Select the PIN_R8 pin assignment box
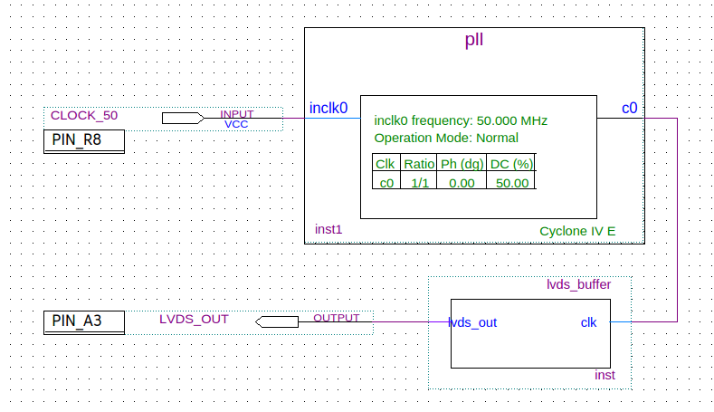(84, 141)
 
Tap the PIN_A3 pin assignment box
(84, 321)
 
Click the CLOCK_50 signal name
(84, 116)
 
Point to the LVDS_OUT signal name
(194, 319)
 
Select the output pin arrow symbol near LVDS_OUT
(277, 321)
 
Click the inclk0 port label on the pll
(328, 109)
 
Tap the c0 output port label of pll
(629, 109)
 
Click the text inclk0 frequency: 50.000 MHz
(461, 120)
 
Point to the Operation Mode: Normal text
(446, 139)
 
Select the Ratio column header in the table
(419, 164)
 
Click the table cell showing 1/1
(419, 182)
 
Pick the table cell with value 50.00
(512, 182)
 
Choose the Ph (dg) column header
(462, 164)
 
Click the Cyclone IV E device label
(577, 231)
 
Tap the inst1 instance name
(328, 230)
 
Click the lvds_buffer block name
(578, 284)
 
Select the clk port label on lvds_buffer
(588, 322)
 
